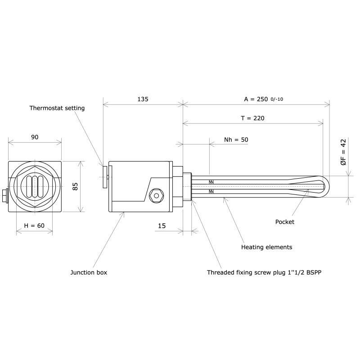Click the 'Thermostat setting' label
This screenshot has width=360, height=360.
(57, 108)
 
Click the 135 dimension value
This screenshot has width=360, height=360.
(143, 99)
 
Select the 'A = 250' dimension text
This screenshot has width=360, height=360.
(256, 99)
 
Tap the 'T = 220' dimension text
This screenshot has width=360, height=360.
(253, 118)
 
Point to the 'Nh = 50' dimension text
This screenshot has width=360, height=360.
(236, 139)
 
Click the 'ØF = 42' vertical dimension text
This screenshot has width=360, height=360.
(343, 152)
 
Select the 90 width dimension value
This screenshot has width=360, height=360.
(35, 137)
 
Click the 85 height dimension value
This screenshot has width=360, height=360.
(76, 186)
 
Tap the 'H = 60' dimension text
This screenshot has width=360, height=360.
(34, 225)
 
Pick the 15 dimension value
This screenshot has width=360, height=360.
(162, 225)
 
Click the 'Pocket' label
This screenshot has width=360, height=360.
(284, 222)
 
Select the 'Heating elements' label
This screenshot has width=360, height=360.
(267, 247)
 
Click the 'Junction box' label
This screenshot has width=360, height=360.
(89, 272)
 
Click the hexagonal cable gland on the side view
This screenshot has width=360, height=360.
(156, 196)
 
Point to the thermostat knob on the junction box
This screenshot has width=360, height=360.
(105, 177)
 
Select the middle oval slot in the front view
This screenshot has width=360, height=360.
(35, 186)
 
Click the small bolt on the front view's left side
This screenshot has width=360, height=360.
(5, 196)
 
